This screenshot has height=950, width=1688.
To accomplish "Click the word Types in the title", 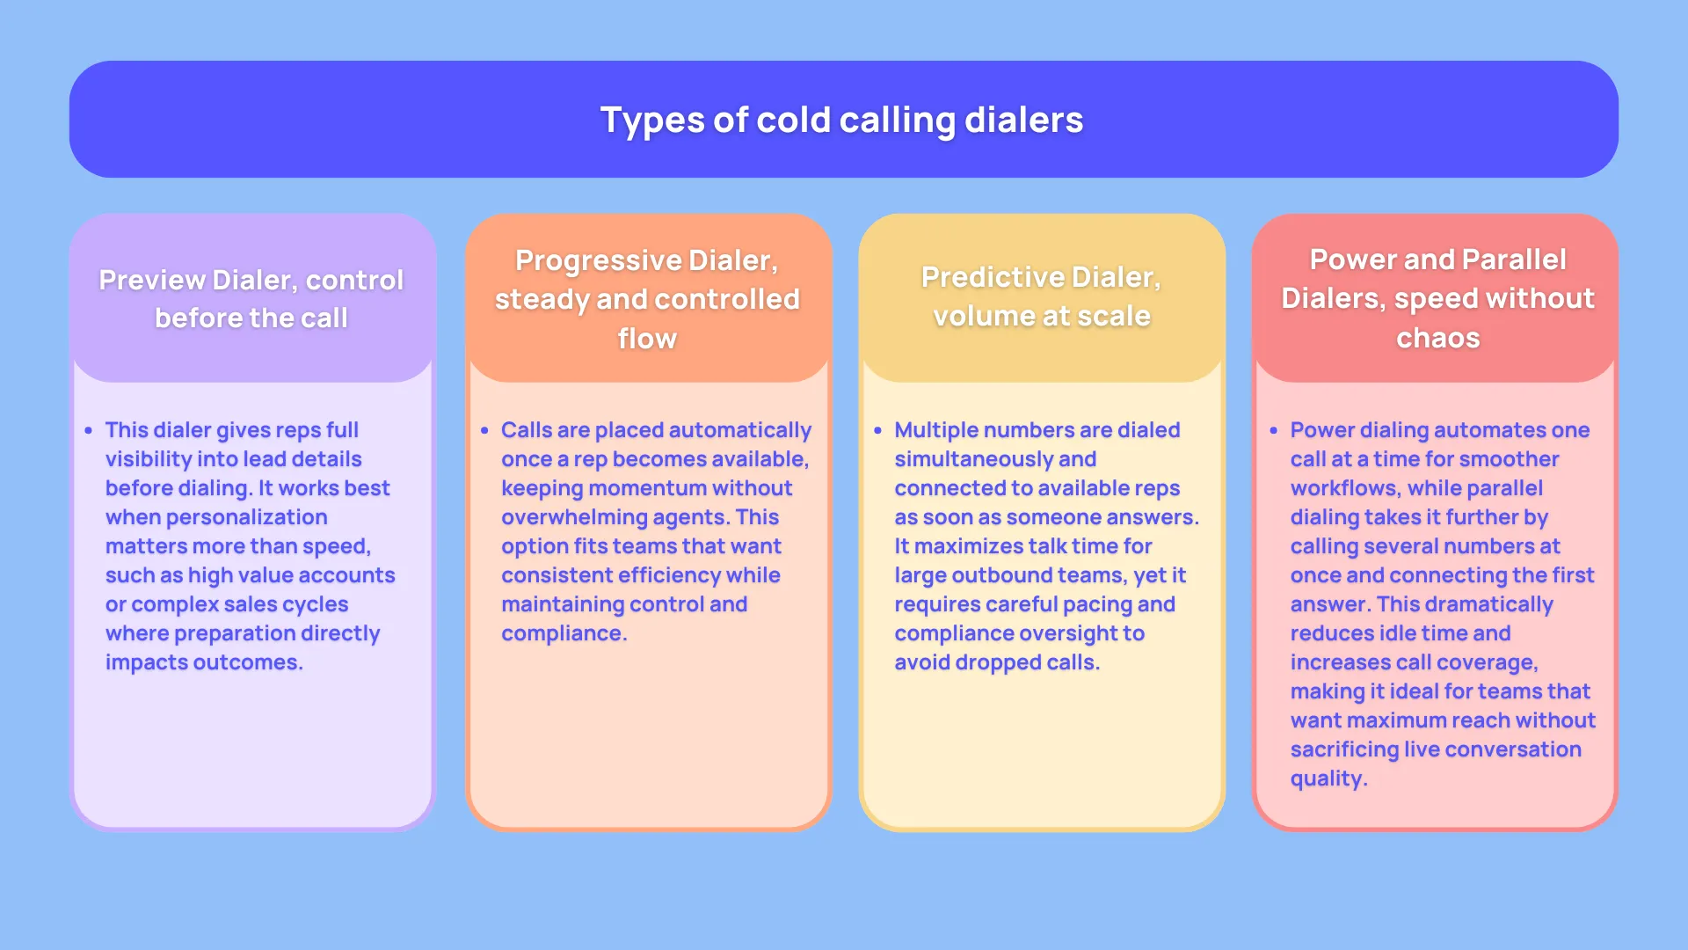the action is (651, 121).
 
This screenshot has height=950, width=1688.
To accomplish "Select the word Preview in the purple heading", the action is (151, 280).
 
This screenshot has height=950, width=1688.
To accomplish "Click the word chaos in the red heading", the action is (1437, 338).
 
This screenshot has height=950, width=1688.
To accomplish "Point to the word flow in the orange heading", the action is (647, 339).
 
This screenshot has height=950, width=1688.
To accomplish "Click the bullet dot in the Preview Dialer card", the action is (89, 431).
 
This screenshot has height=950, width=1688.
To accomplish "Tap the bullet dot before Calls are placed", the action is (484, 431).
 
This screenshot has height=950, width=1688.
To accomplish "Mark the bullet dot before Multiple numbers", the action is (877, 431).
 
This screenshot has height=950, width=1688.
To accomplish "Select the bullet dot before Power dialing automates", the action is (1273, 431).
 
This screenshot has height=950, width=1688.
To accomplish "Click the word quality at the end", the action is (1327, 778).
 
